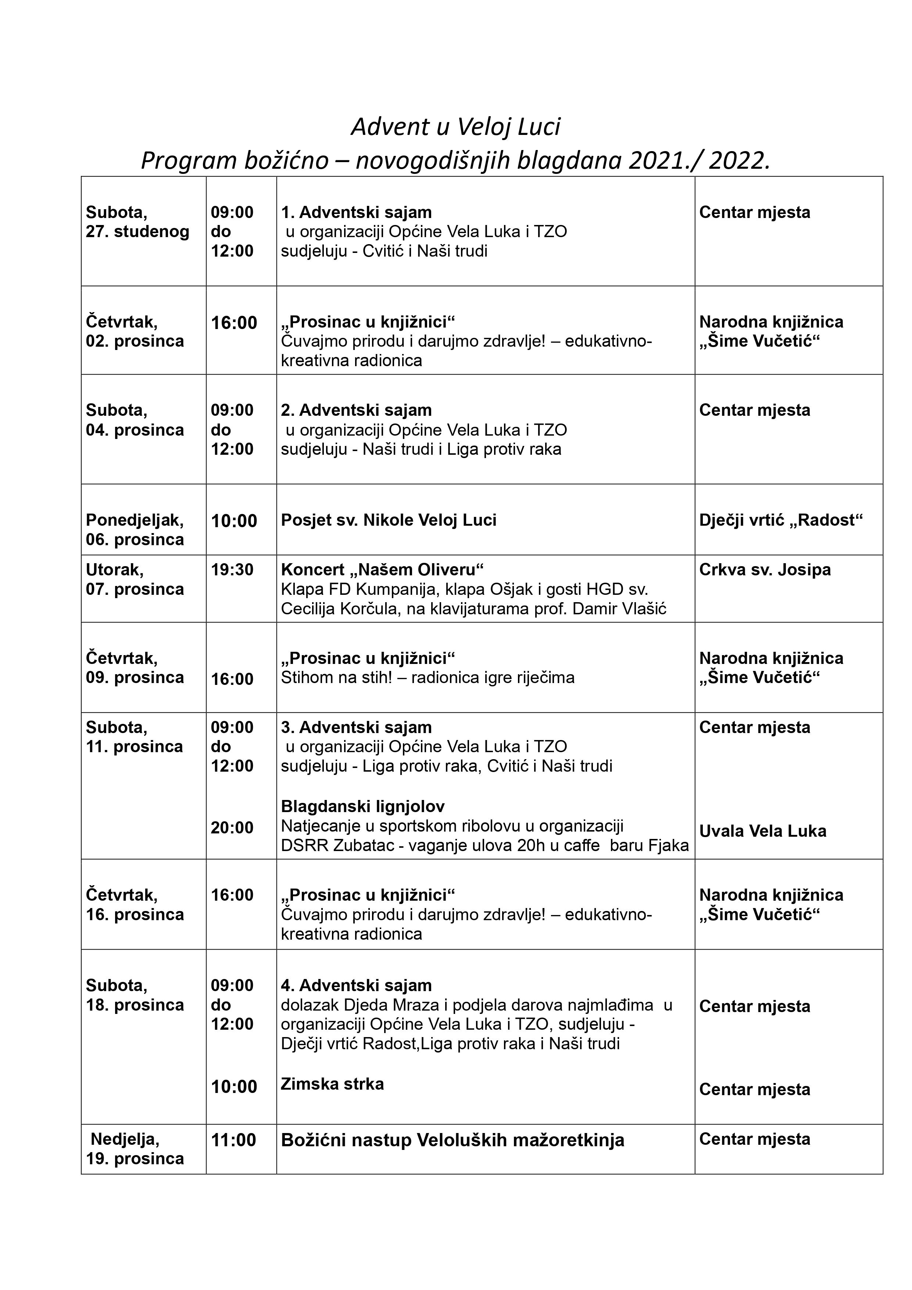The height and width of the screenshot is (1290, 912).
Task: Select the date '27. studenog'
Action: click(138, 232)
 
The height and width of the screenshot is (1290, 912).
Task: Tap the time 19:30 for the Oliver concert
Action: click(232, 570)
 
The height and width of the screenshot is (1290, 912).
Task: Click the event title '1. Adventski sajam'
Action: click(356, 212)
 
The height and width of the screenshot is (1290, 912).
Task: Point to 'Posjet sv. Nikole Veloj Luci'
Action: click(388, 520)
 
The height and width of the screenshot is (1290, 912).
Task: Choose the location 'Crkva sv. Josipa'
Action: click(765, 570)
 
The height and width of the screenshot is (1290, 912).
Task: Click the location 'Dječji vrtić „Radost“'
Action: click(780, 520)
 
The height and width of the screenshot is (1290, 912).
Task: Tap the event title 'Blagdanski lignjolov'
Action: click(362, 807)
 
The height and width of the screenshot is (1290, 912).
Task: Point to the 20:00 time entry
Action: click(232, 828)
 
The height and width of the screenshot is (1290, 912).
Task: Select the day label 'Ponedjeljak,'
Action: click(134, 520)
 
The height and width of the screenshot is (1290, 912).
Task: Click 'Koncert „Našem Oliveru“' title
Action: click(382, 570)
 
